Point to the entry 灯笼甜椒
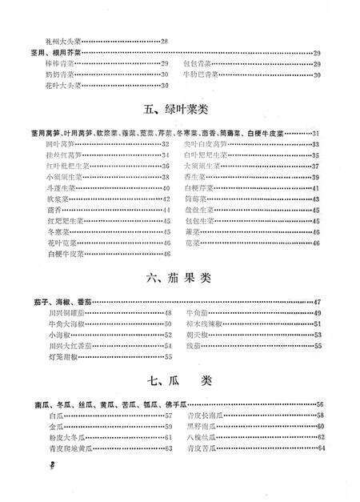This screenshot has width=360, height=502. pos(62,358)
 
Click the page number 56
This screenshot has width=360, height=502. pos(318,405)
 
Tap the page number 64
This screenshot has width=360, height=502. pos(318,448)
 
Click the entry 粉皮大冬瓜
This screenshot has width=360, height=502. pos(64,437)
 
